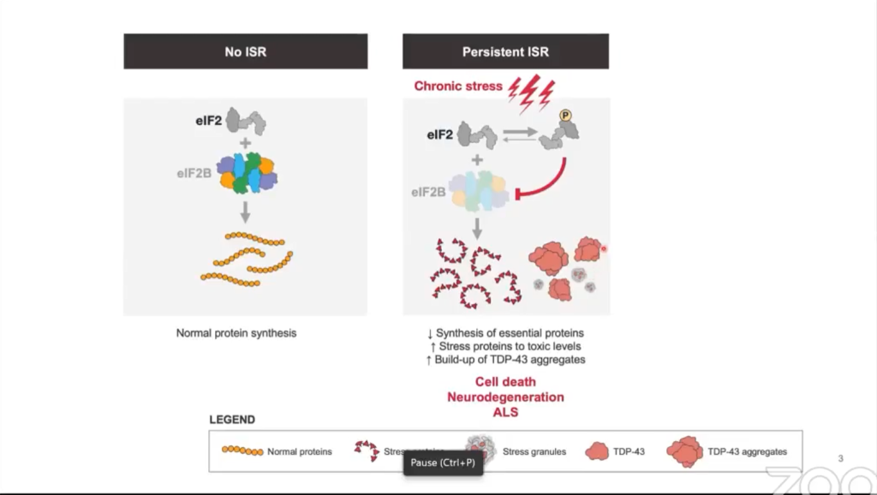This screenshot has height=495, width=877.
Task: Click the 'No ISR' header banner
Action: [x=245, y=52]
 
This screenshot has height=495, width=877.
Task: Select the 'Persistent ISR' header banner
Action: [x=505, y=52]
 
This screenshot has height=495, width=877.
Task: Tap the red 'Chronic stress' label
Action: [x=458, y=86]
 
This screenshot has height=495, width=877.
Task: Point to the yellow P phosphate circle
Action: [x=565, y=116]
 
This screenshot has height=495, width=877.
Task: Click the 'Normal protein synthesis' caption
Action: [x=236, y=333]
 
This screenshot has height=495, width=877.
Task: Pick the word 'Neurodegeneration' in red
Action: [x=505, y=397]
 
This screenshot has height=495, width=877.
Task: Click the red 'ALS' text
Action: [x=505, y=412]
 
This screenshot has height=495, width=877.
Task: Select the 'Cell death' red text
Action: [x=505, y=382]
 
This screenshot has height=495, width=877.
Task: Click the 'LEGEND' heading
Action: [x=232, y=420]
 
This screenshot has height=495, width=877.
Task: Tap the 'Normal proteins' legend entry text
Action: [x=300, y=451]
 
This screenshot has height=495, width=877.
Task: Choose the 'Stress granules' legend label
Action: [x=534, y=451]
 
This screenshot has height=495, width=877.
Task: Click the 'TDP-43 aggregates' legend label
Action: [x=748, y=451]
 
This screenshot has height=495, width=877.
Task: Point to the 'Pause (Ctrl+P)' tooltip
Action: [x=442, y=463]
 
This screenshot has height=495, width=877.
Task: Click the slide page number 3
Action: [x=840, y=459]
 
